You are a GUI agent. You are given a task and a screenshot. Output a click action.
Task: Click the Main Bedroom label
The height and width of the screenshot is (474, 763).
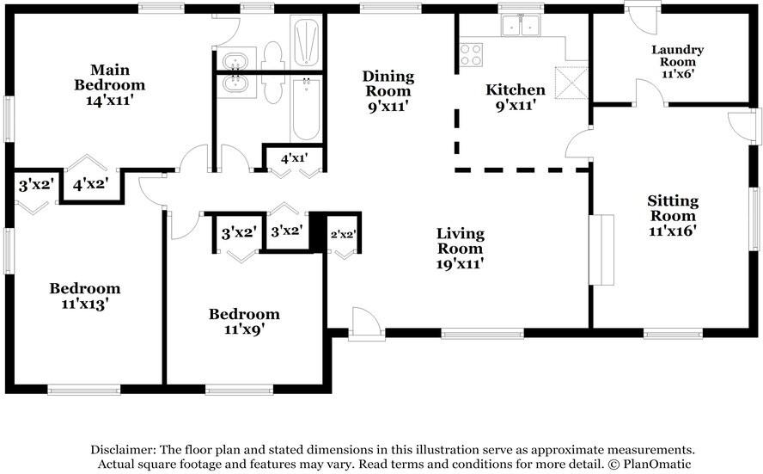pos(109,77)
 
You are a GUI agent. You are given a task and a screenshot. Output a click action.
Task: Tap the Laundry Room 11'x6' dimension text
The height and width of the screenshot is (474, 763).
pos(677,75)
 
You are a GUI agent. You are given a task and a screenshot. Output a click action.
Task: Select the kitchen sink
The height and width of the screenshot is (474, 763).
pos(521,25)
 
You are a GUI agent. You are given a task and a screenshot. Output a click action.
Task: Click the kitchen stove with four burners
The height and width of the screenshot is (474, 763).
pos(471,54)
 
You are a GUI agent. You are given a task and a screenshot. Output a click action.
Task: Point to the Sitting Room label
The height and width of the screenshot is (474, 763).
pos(673,208)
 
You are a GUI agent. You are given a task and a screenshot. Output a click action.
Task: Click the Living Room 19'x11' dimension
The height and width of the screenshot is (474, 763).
pos(460,264)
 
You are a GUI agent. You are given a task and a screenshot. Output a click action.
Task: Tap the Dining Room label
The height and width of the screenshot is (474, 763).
pos(388,83)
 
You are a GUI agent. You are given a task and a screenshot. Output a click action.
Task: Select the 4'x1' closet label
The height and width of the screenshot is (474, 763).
pos(295,158)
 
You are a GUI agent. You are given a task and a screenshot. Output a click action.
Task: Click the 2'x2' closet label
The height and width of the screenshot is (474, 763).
pos(344,234)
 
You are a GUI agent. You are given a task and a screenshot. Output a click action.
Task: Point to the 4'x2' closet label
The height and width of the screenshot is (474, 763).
pos(90,185)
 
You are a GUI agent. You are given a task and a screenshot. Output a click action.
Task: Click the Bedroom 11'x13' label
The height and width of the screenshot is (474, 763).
pos(85,296)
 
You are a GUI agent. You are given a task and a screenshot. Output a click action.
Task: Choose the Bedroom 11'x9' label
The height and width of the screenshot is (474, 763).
pos(244,322)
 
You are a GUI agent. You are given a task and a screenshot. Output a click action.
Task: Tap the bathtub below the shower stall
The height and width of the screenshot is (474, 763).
pos(306,109)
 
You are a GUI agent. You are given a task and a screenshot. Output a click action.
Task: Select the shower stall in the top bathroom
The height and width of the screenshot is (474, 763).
pos(306,41)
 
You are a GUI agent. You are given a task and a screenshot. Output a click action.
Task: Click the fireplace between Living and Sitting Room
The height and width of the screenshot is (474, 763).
pos(601,249)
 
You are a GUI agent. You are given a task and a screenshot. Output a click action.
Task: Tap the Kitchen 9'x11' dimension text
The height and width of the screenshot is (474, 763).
pos(516,105)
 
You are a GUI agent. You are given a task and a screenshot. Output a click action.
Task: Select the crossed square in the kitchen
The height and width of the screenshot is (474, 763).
pos(571,83)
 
